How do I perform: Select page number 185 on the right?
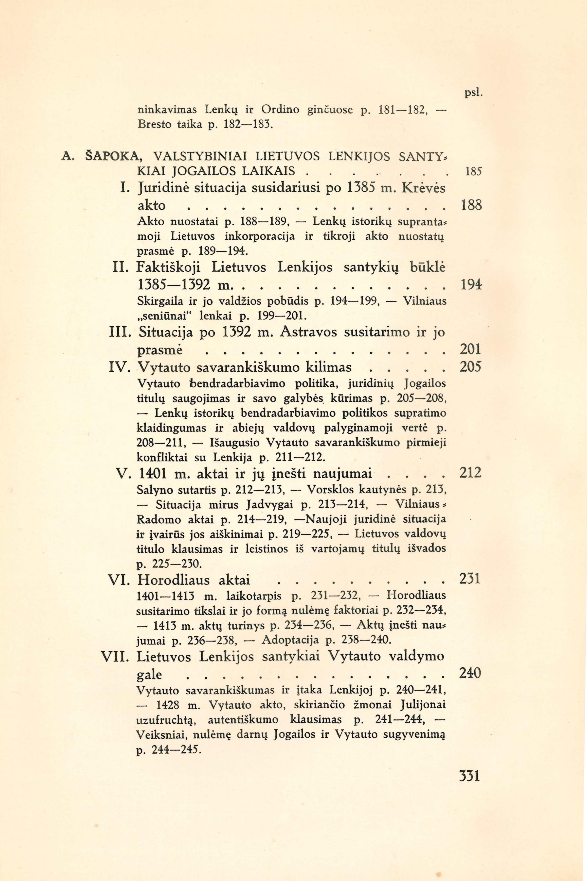[x=473, y=172]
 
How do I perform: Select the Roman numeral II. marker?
[x=121, y=268]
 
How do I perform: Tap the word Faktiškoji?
[x=169, y=268]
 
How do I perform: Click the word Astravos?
[x=303, y=332]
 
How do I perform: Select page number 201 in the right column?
[x=470, y=349]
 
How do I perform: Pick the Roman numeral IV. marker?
[x=119, y=367]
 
